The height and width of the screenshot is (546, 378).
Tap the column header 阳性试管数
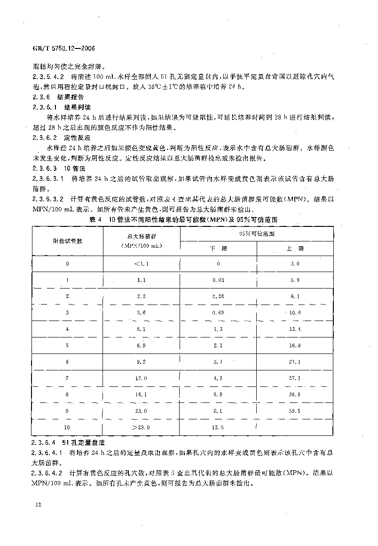tap(68, 240)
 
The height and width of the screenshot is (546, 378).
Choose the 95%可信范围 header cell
tap(257, 233)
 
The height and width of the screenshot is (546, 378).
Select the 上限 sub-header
tap(295, 248)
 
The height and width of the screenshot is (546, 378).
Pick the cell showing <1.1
tap(141, 264)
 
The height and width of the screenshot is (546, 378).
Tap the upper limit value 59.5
tap(295, 411)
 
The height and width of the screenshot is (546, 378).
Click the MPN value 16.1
tap(141, 394)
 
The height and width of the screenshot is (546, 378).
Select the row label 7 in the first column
tap(68, 378)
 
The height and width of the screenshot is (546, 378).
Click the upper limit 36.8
tap(295, 394)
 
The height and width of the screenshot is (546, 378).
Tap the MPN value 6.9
tap(141, 345)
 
